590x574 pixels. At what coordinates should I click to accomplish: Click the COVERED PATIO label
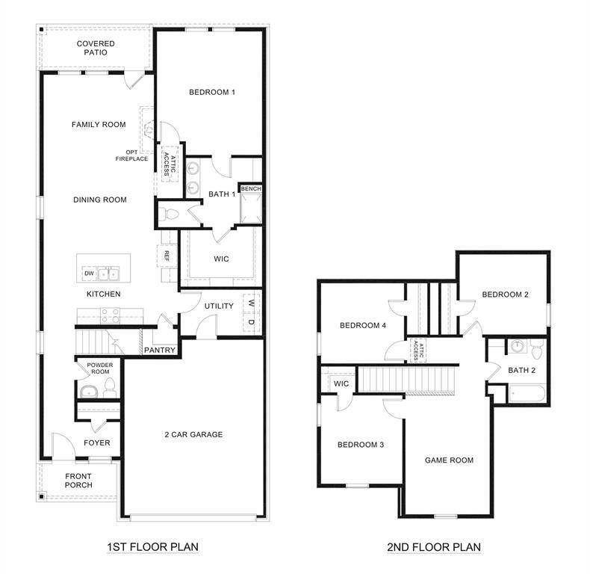coord(96,49)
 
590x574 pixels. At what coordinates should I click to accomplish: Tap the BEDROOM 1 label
coord(212,93)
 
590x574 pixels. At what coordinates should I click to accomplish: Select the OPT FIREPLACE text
coord(131,155)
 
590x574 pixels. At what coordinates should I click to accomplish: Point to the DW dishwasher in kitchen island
coord(89,274)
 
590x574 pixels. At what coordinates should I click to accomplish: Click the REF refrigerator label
coord(167,256)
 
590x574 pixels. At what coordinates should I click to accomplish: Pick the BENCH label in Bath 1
coord(251,189)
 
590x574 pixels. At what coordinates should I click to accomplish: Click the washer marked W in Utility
coord(250,304)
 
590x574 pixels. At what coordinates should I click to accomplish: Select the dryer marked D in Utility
coord(250,322)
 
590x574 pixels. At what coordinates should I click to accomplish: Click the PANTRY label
coord(160,351)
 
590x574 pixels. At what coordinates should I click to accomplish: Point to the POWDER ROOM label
coord(100,368)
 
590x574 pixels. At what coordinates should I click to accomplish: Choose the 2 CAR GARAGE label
coord(193,435)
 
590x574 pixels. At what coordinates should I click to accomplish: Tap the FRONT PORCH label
coord(78,481)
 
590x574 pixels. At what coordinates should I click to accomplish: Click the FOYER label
coord(96,443)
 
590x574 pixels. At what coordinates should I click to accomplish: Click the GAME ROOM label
coord(449,460)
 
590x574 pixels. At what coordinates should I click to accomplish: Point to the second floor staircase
coord(408,380)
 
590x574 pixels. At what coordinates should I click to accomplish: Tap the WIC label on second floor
coord(341,384)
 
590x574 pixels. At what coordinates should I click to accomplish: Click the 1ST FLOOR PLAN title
coord(152,547)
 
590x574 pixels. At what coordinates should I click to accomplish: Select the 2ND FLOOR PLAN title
coord(434,547)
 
